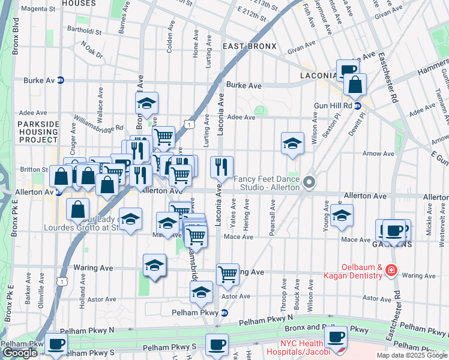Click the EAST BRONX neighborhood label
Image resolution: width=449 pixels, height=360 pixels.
click(x=249, y=46)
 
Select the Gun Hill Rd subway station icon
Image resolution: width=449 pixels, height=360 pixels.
click(x=357, y=106)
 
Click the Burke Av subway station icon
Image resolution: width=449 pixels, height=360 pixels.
click(x=60, y=80)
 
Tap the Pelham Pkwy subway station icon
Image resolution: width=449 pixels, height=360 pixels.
click(x=224, y=313)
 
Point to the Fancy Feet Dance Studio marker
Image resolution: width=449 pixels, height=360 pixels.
click(x=309, y=182)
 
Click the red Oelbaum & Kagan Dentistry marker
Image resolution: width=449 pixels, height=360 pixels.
click(x=391, y=271)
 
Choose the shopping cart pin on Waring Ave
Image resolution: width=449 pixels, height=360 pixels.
click(x=228, y=274)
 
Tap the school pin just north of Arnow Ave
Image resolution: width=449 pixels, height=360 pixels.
click(x=292, y=143)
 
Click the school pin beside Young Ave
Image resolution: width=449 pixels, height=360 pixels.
click(x=342, y=215)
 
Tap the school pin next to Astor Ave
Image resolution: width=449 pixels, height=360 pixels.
click(x=202, y=292)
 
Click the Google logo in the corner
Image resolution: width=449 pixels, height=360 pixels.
click(x=20, y=353)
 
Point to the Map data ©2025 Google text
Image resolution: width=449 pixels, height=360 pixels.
click(x=411, y=355)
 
